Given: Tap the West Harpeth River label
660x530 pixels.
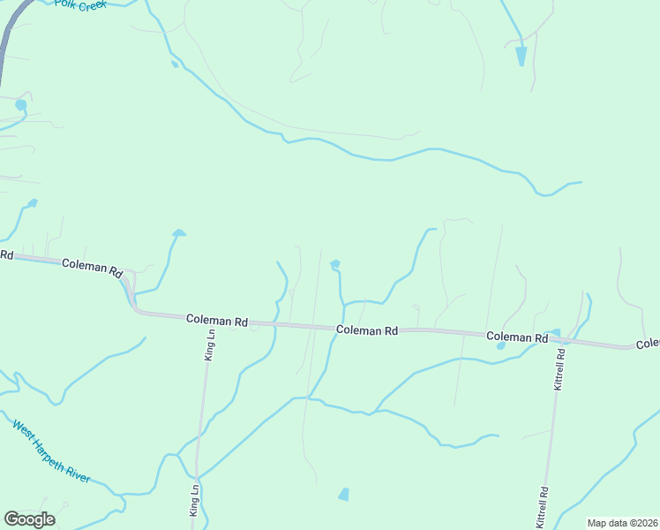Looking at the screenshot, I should (x=51, y=451).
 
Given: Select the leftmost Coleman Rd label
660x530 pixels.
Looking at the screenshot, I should (x=92, y=267).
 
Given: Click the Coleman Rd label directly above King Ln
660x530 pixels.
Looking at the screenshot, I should (x=216, y=322).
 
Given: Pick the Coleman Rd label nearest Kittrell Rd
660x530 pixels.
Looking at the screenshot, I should (x=516, y=337).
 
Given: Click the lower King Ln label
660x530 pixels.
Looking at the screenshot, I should (x=194, y=500).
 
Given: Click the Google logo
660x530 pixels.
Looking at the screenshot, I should (x=30, y=519).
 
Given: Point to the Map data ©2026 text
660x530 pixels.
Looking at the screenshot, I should (x=622, y=523).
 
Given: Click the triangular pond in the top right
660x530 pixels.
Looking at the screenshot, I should (x=521, y=56).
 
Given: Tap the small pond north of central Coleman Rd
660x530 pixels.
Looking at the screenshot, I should (x=334, y=264).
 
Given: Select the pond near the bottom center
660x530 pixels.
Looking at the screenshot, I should (x=343, y=495).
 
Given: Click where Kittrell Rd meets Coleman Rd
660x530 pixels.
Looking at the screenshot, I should (x=561, y=339).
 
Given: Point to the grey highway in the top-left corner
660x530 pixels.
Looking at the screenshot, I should (x=8, y=40).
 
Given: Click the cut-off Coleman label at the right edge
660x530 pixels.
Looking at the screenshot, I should (x=648, y=344).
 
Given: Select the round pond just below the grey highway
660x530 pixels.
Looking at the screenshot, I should (x=20, y=105).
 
